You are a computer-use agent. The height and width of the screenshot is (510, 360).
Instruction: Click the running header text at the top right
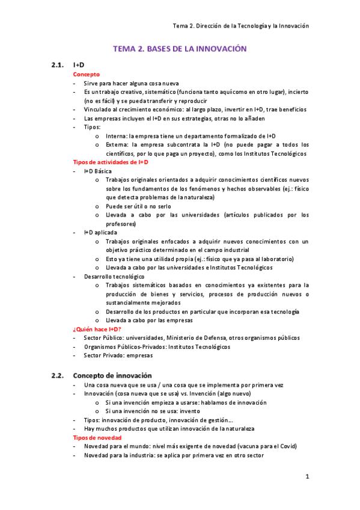pyautogui.click(x=240, y=26)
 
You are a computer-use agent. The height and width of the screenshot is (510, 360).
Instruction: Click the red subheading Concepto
pyautogui.click(x=87, y=74)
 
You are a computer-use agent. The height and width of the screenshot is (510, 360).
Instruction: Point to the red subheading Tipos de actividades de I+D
pyautogui.click(x=110, y=162)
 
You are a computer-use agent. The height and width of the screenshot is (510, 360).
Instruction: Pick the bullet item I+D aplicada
pyautogui.click(x=100, y=232)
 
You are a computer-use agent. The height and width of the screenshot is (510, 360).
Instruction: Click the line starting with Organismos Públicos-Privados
pyautogui.click(x=157, y=346)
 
